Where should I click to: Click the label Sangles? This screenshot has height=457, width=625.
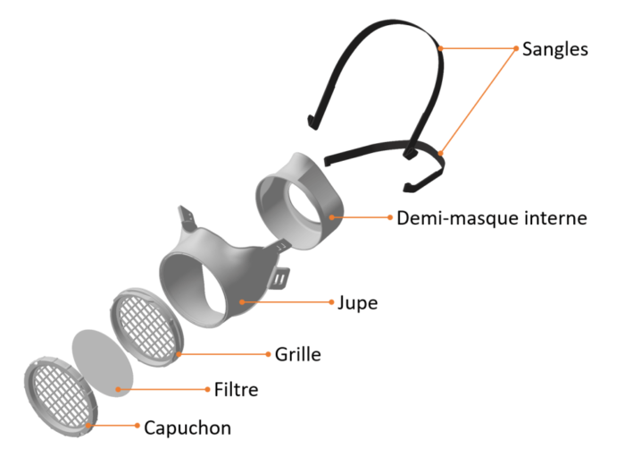[554, 49]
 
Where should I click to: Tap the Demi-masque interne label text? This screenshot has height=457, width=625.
[492, 218]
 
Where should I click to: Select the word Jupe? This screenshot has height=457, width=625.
[357, 303]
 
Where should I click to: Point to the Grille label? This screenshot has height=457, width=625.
[297, 354]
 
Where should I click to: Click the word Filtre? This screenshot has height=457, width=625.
[236, 390]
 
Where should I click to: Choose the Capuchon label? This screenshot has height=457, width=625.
[187, 427]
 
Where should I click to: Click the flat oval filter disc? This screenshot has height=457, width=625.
[103, 363]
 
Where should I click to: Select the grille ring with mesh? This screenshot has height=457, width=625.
[147, 327]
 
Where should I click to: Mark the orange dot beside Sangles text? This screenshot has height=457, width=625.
[516, 48]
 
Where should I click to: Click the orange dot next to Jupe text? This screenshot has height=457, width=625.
[331, 302]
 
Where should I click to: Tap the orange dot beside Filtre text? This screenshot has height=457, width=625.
[207, 389]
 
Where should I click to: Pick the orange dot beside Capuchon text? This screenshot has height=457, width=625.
[137, 426]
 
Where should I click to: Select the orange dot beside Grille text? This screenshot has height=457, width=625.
[268, 354]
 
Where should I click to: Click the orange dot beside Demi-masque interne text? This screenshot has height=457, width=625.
[390, 217]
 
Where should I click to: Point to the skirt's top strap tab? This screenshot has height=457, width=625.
[186, 216]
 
